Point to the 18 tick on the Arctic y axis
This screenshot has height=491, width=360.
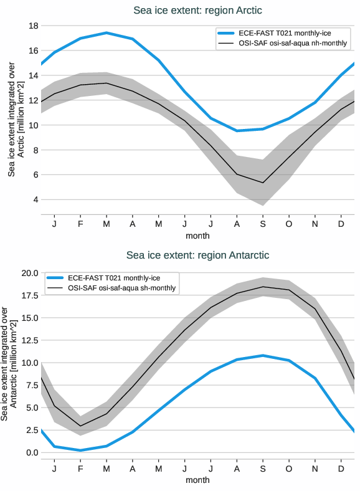(x=34, y=26)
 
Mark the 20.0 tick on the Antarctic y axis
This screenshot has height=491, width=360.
(x=30, y=273)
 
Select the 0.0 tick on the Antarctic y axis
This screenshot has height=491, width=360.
(x=32, y=452)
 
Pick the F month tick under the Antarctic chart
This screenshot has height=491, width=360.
(x=80, y=467)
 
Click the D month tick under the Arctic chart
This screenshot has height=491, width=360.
(x=341, y=223)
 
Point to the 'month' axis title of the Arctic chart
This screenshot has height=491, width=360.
(x=197, y=236)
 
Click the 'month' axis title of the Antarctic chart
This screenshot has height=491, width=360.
(x=197, y=480)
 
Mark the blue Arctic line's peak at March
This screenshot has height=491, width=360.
(x=107, y=32)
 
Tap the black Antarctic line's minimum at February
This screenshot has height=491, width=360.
(x=80, y=426)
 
